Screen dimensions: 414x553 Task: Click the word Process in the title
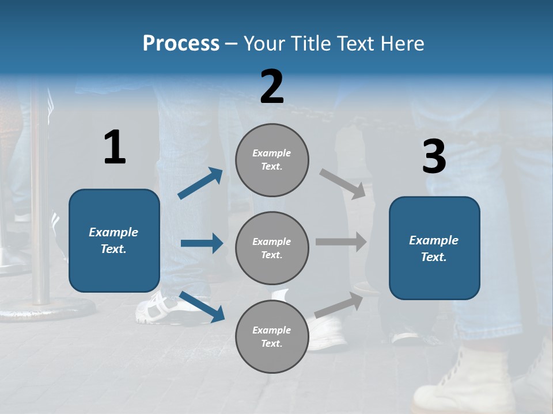[x=181, y=43]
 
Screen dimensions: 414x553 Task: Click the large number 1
[x=115, y=148]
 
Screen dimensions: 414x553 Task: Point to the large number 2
[x=272, y=87]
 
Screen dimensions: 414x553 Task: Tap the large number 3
[x=434, y=157]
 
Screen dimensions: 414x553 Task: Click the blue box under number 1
[x=114, y=240]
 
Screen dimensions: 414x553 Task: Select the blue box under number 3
[x=434, y=248]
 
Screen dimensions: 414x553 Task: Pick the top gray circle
[x=272, y=160]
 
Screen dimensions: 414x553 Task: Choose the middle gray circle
[x=272, y=248]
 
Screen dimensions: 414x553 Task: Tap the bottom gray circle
[x=272, y=336]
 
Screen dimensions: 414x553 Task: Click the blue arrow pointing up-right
[x=200, y=183]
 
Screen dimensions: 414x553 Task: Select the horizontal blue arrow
[x=202, y=243]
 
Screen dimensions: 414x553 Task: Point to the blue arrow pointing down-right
[x=202, y=306]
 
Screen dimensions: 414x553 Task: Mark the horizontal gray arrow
[x=341, y=242]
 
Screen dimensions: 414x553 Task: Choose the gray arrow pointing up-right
[x=339, y=304]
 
